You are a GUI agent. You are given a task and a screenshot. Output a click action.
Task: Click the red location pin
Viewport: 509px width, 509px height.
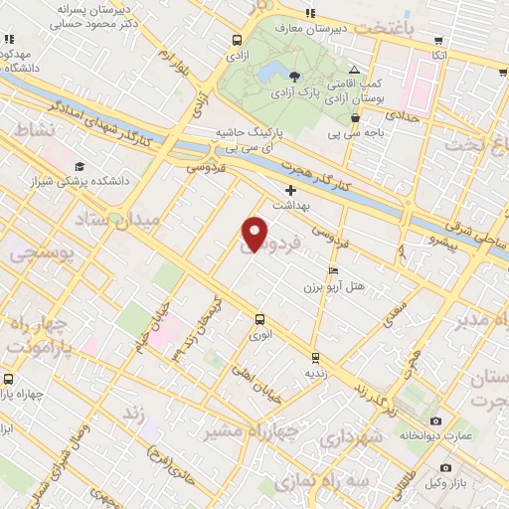click(x=255, y=234)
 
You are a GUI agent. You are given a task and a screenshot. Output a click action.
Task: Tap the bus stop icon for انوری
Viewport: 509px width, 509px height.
click(x=259, y=320)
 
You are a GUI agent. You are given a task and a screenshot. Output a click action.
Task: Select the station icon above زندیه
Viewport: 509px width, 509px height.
click(x=315, y=358)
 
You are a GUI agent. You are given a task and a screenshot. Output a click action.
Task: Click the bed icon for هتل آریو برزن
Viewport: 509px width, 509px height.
click(x=333, y=269)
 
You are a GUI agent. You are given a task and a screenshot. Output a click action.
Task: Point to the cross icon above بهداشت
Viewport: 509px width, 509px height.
click(x=290, y=190)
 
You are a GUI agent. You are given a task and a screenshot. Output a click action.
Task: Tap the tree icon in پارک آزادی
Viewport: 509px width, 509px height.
click(x=294, y=76)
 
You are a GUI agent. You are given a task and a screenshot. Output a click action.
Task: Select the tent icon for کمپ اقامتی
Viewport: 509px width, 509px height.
click(x=355, y=72)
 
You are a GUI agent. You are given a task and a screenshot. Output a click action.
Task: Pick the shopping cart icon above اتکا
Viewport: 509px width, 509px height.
click(x=439, y=41)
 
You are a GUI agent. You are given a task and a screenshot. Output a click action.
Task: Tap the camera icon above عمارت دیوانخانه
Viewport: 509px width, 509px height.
click(x=436, y=422)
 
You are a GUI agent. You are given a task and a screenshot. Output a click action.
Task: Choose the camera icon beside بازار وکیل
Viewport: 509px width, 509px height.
click(x=445, y=467)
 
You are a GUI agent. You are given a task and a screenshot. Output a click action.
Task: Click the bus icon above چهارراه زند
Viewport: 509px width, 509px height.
click(x=9, y=379)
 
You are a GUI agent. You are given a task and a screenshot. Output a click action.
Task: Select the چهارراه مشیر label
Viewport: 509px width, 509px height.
click(x=236, y=431)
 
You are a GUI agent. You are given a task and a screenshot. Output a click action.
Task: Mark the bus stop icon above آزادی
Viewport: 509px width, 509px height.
click(x=237, y=41)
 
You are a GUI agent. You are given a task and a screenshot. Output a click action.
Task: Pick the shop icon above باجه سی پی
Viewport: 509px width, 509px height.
click(x=355, y=117)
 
